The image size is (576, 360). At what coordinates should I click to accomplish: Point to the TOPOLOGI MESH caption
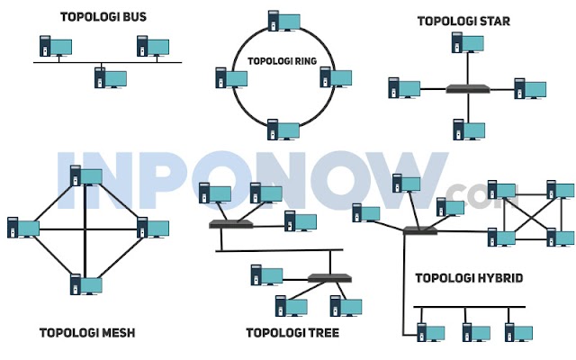(87, 332)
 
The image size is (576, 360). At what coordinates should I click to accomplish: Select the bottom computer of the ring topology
(280, 129)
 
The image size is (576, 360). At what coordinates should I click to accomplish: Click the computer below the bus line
(108, 77)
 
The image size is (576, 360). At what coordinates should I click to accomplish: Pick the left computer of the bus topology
(53, 46)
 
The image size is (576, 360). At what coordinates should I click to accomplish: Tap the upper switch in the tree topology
(229, 223)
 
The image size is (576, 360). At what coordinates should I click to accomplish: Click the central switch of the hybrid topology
(418, 230)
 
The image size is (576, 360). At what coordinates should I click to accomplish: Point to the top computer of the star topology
(462, 44)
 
